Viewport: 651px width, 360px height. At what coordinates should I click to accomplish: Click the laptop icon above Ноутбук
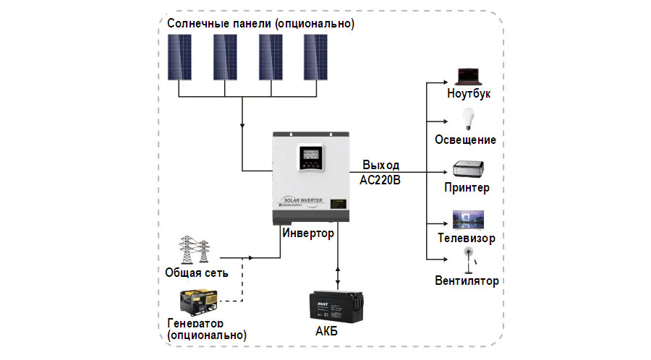(x=469, y=77)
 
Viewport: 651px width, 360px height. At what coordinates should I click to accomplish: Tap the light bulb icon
(x=468, y=119)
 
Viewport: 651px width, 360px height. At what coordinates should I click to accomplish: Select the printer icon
(x=468, y=169)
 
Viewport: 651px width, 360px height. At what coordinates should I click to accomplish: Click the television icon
(x=468, y=220)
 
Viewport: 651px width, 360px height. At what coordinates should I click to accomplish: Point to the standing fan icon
(x=469, y=260)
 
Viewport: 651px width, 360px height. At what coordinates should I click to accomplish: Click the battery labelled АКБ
(x=336, y=307)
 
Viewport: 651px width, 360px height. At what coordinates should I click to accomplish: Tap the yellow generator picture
(x=198, y=302)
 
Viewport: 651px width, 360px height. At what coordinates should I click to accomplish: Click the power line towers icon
(x=194, y=249)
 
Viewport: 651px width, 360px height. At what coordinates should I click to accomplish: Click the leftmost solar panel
(x=179, y=57)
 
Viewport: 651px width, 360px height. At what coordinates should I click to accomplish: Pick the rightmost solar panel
(x=315, y=57)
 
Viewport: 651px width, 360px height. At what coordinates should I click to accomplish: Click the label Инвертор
(x=308, y=233)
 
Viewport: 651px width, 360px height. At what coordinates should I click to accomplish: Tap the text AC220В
(x=380, y=180)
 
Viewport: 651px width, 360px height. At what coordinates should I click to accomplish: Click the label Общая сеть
(x=196, y=273)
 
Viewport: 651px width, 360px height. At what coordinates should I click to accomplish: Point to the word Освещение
(x=465, y=140)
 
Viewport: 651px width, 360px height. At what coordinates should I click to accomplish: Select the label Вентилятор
(x=467, y=280)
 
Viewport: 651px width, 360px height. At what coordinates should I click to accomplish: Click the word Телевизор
(x=467, y=238)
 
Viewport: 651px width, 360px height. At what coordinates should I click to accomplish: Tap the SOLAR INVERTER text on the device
(x=303, y=200)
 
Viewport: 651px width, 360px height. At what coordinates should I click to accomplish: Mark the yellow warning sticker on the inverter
(x=338, y=204)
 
